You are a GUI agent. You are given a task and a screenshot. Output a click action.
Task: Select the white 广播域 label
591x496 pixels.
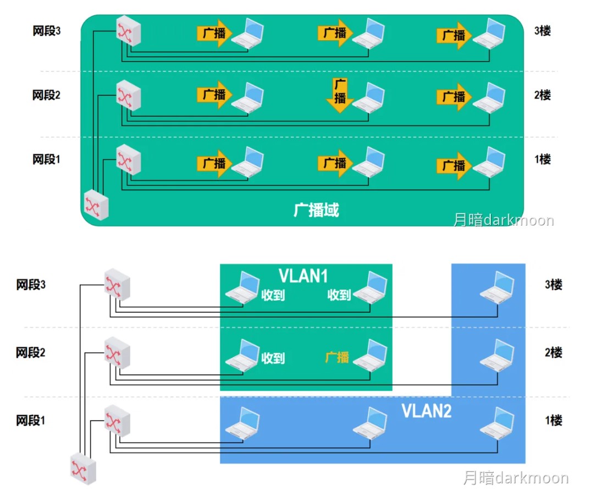click(x=316, y=210)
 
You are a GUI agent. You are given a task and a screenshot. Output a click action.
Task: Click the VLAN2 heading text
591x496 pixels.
click(x=427, y=411)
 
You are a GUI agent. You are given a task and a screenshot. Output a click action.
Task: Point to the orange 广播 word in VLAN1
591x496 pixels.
click(x=337, y=357)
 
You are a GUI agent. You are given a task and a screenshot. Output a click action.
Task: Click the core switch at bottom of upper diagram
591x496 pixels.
click(x=96, y=205)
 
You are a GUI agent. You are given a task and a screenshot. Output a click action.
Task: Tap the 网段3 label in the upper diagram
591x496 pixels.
click(x=46, y=31)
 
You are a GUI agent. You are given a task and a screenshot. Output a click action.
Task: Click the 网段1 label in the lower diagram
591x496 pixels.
click(x=31, y=421)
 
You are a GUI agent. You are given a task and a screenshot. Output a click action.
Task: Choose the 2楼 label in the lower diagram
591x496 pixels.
click(x=554, y=352)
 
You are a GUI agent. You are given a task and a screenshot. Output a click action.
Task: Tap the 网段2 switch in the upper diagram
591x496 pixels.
click(x=129, y=95)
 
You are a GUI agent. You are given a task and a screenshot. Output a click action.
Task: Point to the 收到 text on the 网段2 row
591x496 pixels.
click(x=273, y=358)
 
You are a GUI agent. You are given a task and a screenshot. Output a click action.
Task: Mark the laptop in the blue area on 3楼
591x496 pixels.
click(x=498, y=287)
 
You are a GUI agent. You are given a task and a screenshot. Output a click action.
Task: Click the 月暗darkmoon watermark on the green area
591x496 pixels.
click(x=503, y=220)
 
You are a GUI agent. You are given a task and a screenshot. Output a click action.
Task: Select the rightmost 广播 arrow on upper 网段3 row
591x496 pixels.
click(x=454, y=35)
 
